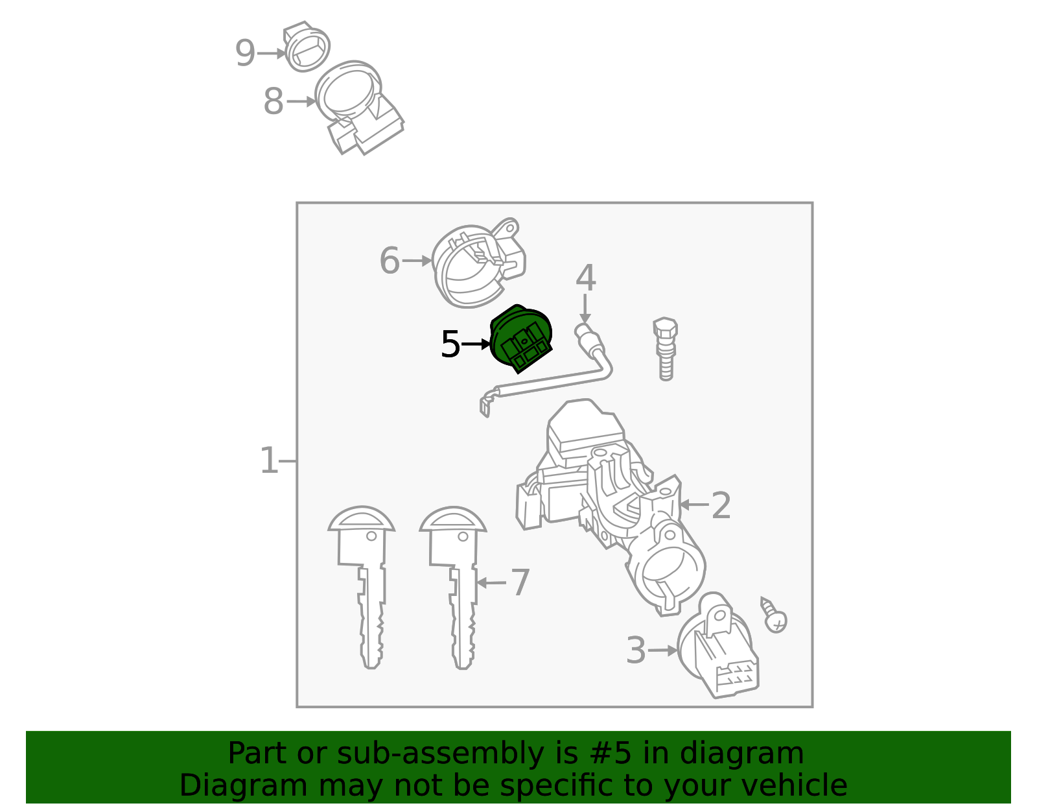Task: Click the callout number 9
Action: click(244, 53)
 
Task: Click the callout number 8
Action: click(273, 102)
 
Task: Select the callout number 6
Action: click(389, 261)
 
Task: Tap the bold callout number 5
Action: click(450, 344)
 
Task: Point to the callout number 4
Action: click(585, 278)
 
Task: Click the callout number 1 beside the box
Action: click(268, 460)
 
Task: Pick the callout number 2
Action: click(721, 505)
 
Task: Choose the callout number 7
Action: click(520, 582)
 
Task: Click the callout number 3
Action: click(636, 650)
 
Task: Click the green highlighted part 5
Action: click(520, 339)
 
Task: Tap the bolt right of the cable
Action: click(665, 348)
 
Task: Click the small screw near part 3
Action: click(774, 615)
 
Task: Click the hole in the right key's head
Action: click(463, 536)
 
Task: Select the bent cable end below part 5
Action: click(485, 405)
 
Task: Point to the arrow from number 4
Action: click(585, 308)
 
